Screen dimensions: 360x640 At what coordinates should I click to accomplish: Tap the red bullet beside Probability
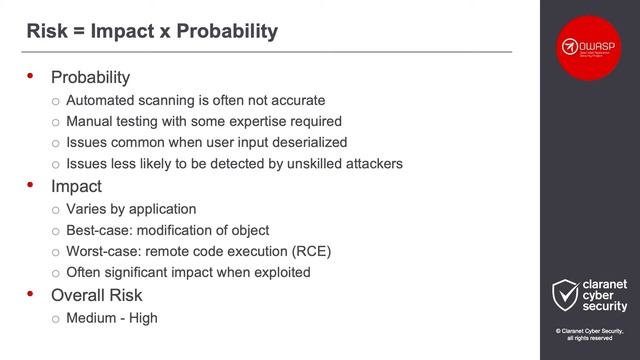pyautogui.click(x=30, y=76)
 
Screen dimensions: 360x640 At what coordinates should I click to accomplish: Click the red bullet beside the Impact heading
pyautogui.click(x=30, y=186)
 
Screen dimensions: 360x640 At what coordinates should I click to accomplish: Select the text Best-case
pyautogui.click(x=97, y=230)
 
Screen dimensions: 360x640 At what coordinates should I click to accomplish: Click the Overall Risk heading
pyautogui.click(x=96, y=295)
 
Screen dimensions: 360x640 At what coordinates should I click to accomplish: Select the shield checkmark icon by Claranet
pyautogui.click(x=565, y=296)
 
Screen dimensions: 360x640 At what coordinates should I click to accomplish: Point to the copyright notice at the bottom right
pyautogui.click(x=590, y=334)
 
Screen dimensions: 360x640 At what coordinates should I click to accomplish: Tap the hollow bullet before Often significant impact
pyautogui.click(x=56, y=273)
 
